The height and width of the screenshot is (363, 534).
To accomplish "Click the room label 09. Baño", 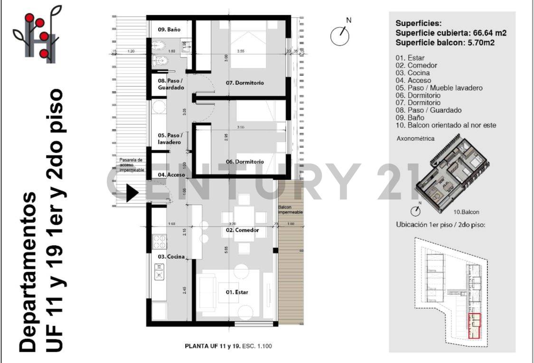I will tap(169, 29).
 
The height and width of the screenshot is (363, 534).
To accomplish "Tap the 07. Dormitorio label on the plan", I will tap(244, 83).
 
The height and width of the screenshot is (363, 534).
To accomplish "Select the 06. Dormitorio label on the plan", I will tap(244, 162).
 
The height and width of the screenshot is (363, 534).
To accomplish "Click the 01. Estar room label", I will tap(237, 292).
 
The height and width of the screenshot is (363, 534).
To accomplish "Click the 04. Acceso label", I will tap(171, 175).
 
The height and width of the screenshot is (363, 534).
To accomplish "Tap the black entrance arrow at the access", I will tap(131, 193).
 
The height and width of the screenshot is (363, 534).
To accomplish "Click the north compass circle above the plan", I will tap(340, 36).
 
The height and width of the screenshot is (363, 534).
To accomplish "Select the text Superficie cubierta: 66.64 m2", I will tap(450, 33).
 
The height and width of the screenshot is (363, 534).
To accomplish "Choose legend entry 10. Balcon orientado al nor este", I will tap(446, 125).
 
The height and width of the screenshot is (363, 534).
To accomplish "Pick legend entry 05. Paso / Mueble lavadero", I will tap(439, 88).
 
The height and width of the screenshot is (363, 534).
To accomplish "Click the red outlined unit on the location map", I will tap(474, 326).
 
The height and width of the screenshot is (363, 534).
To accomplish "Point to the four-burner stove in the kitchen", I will tap(159, 242).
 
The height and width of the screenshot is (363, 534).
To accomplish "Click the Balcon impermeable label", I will tap(290, 210).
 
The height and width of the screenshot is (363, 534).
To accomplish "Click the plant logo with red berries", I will tap(37, 35).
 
